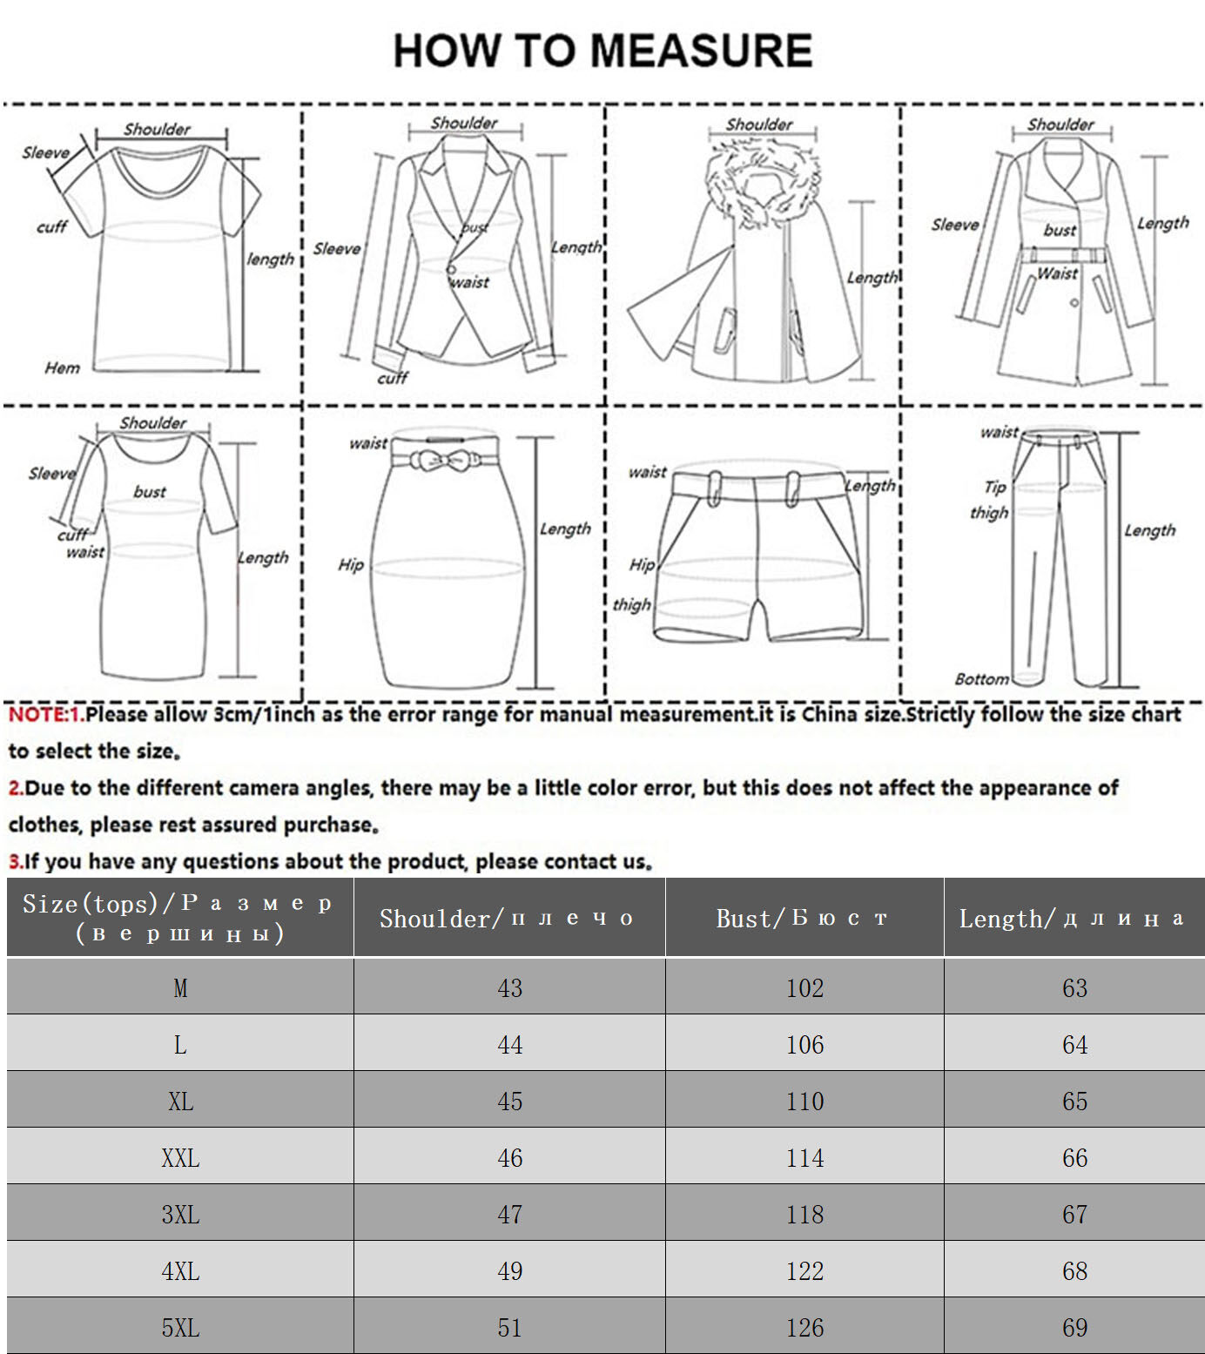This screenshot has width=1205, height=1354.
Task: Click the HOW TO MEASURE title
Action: [602, 51]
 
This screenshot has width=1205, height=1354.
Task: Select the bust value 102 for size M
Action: [804, 988]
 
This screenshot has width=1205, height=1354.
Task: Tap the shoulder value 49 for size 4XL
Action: [510, 1271]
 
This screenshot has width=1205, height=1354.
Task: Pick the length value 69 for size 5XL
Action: [1074, 1328]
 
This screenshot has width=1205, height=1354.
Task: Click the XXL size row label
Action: [180, 1158]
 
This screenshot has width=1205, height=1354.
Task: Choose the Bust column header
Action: [803, 919]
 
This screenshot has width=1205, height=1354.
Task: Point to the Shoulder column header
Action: [508, 919]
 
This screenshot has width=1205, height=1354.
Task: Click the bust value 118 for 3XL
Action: [804, 1215]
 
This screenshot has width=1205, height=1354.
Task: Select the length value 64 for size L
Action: [1074, 1045]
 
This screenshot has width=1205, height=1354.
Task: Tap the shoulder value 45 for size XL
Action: [510, 1101]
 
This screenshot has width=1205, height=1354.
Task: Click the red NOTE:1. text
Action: [45, 715]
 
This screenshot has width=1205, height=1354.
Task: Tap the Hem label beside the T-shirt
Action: [63, 368]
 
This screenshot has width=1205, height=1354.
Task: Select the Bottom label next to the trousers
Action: [981, 679]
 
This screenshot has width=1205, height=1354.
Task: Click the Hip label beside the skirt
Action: [351, 565]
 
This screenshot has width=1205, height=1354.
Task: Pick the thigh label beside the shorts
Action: [631, 604]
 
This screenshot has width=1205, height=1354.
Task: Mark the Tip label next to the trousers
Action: [994, 487]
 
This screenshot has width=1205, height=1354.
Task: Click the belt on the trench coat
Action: [1062, 255]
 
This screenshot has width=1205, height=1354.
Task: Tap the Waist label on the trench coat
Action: [1057, 273]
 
